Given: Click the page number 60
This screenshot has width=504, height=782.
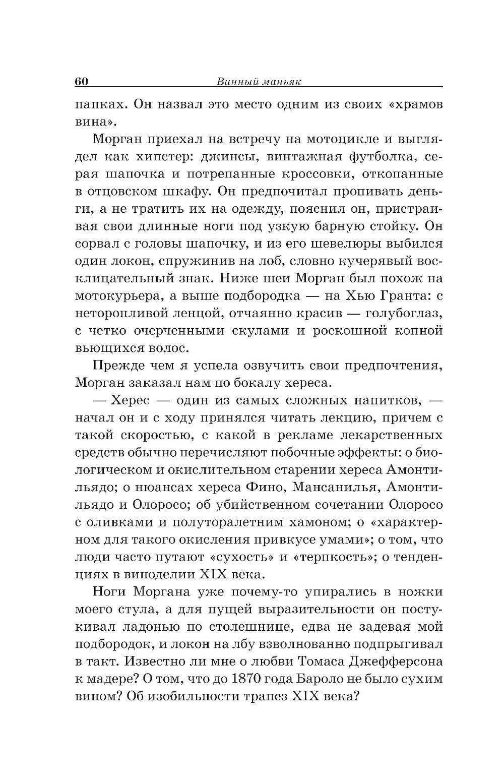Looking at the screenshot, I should click(x=82, y=82).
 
